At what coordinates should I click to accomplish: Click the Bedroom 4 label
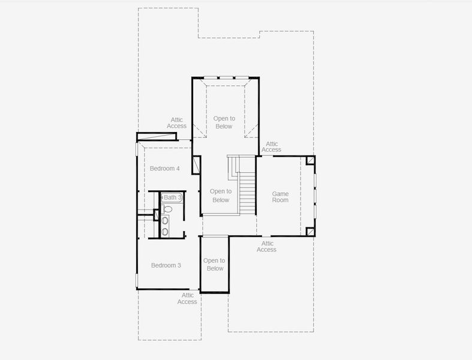164,169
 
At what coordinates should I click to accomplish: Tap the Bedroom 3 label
166,265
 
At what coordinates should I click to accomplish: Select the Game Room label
280,197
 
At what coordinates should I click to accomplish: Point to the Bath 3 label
173,197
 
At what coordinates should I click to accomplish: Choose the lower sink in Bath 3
165,231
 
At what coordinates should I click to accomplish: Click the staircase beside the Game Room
247,192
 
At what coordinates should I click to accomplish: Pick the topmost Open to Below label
224,122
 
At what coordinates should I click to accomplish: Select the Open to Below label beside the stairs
221,196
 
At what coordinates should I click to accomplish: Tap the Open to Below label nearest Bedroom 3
214,265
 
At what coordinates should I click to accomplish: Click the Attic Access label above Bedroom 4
176,123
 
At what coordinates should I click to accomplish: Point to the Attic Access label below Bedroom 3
187,298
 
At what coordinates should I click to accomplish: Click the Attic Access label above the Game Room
272,146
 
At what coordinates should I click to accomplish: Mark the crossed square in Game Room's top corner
310,160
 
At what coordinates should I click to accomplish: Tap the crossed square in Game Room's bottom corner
310,232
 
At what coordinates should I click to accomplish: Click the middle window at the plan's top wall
225,77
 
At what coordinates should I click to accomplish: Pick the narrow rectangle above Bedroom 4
157,137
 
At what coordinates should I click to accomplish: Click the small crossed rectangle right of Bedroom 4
196,165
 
